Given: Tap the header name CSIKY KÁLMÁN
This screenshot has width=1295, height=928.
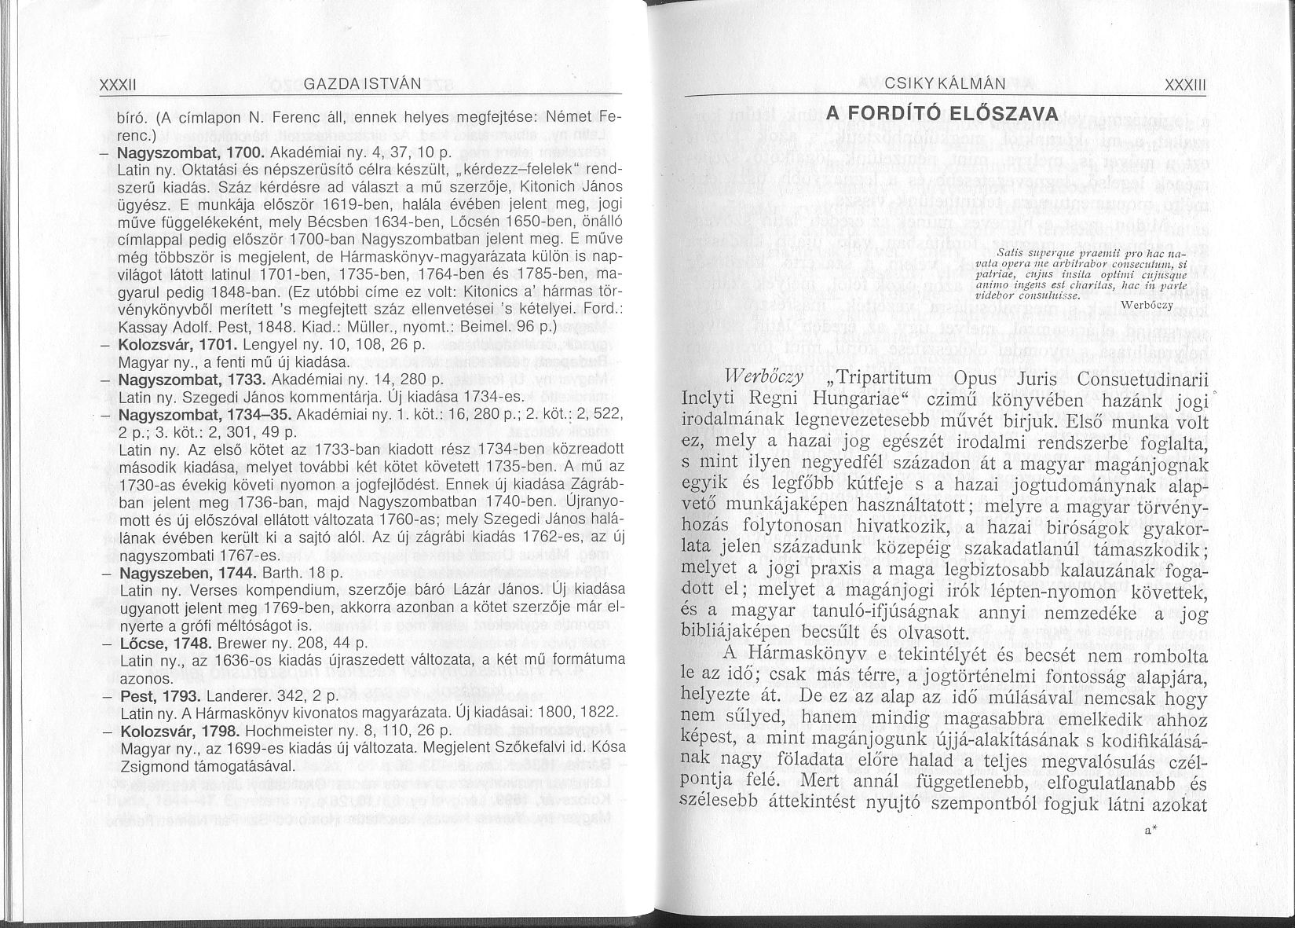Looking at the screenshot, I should point(934,85).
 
